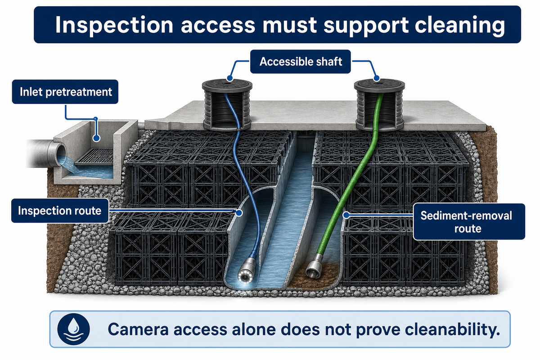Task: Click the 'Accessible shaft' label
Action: tap(301, 62)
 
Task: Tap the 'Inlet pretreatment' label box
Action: tap(65, 92)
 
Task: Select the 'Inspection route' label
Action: tap(60, 211)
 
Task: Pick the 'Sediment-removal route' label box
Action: tap(469, 222)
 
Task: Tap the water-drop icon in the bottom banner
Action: tap(73, 329)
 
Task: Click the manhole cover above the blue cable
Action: tap(227, 85)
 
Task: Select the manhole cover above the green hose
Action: tap(379, 85)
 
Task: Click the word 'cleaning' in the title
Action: tap(460, 25)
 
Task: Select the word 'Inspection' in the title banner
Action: tap(114, 25)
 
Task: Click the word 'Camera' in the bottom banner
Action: tap(138, 329)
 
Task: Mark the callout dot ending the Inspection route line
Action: tap(239, 213)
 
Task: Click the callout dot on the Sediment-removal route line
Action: tap(346, 215)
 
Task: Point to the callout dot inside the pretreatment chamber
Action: tap(96, 138)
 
